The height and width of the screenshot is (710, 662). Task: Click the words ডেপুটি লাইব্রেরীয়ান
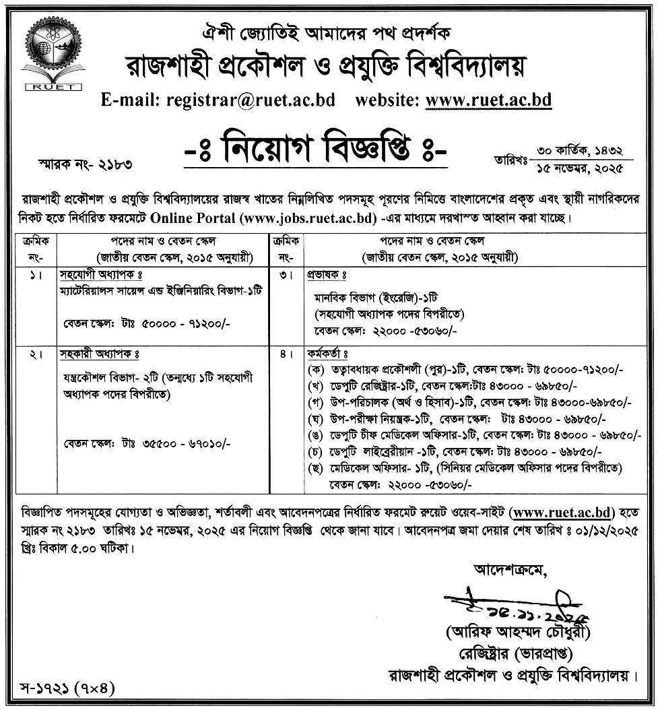click(x=370, y=451)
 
